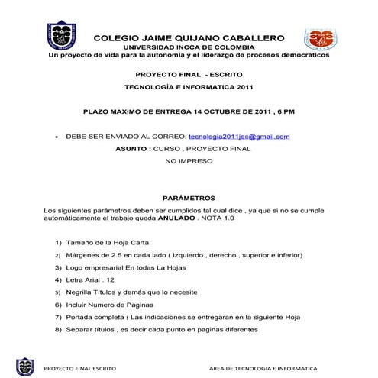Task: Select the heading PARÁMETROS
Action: pos(189,198)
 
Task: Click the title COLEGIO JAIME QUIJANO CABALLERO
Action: pos(189,37)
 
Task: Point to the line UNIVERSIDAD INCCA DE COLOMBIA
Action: pos(189,47)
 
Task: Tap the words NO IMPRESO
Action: pos(189,162)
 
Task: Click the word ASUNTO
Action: pos(131,149)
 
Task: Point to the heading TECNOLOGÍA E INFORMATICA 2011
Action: pos(189,87)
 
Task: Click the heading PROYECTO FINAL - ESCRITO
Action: pos(189,76)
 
